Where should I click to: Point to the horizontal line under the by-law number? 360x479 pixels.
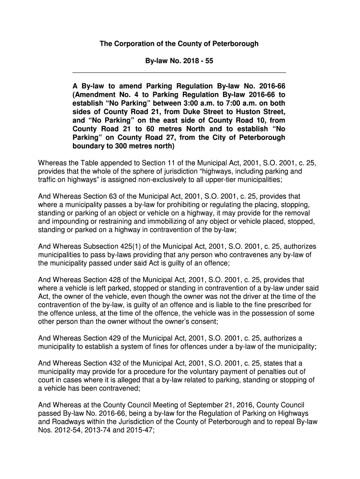pyautogui.click(x=179, y=73)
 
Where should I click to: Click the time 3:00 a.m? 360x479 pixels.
pyautogui.click(x=182, y=103)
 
